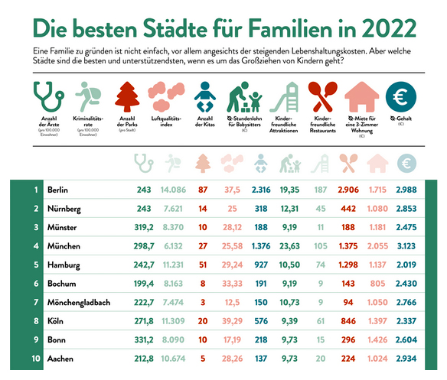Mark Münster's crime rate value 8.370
click(175, 227)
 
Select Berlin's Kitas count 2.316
click(260, 189)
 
